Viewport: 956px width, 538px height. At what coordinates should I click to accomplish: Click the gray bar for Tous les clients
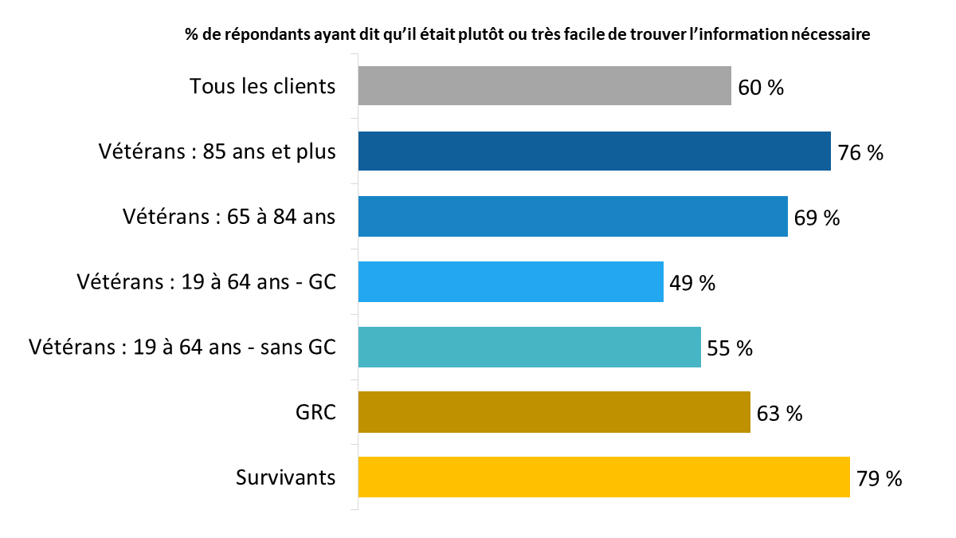544,86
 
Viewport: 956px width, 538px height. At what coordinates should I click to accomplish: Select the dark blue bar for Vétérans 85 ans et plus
594,151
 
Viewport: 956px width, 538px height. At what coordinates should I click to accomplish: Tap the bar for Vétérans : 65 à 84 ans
573,217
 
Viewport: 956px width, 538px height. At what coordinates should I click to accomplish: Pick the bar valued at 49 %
511,282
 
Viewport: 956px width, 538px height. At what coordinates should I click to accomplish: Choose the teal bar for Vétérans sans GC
529,348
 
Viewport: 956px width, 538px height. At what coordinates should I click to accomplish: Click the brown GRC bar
554,413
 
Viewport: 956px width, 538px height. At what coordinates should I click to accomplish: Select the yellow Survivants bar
604,477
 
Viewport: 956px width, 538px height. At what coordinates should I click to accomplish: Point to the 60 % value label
761,88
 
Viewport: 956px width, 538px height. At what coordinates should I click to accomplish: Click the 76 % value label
860,153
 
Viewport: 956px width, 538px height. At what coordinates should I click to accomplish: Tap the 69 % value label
817,218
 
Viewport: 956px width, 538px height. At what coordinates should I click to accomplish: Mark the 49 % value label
692,283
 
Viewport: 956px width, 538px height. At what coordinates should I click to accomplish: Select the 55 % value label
730,348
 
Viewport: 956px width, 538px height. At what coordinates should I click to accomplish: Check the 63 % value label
779,414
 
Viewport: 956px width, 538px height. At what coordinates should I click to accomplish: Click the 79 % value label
880,479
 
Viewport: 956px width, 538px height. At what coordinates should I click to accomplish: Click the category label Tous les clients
263,86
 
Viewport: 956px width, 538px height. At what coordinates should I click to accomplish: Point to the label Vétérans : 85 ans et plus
217,151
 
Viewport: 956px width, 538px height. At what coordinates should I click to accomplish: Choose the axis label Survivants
286,477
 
